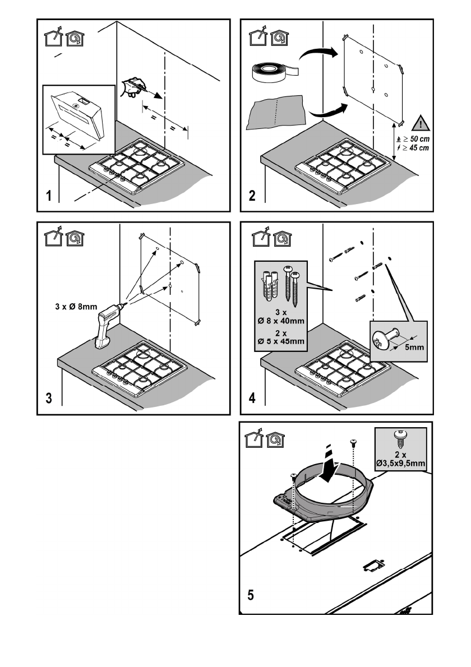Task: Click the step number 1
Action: click(49, 196)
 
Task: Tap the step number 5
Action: click(251, 595)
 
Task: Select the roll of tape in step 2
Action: click(275, 72)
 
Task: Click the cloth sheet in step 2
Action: click(276, 112)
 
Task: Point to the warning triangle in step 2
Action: click(421, 123)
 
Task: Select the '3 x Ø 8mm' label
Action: click(76, 306)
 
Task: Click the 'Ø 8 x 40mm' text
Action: click(281, 321)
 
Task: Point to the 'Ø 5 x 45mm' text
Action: click(281, 341)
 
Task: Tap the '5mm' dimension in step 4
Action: click(414, 347)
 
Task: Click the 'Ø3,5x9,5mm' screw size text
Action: click(400, 463)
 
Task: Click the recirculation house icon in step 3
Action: click(75, 239)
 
